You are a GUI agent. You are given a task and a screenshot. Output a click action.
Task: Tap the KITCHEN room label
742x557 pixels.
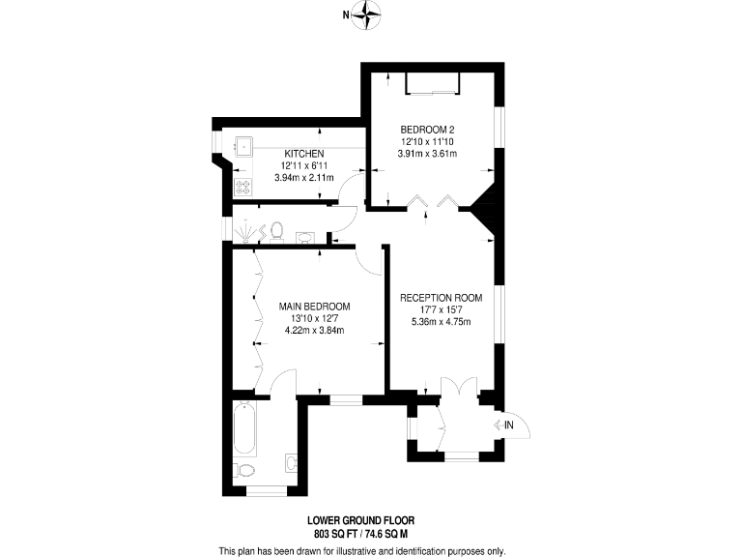(303, 154)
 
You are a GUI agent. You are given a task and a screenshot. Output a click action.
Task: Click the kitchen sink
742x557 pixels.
(243, 147)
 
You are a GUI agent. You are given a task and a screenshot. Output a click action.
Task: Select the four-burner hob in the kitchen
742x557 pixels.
(243, 188)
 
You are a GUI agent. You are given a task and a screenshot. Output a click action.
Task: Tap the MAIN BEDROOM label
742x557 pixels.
(314, 307)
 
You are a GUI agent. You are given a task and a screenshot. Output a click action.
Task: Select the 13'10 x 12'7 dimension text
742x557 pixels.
(314, 318)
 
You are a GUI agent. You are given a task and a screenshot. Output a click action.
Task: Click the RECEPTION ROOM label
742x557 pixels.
(441, 298)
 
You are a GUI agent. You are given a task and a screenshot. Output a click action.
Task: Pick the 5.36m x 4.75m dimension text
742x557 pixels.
(441, 322)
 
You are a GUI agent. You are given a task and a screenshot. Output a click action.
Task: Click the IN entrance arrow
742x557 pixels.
(507, 425)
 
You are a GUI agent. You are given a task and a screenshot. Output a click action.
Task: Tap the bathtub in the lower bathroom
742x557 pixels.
(243, 429)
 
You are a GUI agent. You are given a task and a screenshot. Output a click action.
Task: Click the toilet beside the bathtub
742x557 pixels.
(245, 471)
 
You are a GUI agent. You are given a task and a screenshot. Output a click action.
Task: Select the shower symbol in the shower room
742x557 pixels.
(246, 231)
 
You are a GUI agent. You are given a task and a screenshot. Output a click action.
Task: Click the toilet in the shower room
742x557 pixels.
(277, 230)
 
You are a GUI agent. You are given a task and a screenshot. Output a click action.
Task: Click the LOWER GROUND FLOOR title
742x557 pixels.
(361, 520)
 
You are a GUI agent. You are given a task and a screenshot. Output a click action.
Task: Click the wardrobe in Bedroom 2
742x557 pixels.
(430, 83)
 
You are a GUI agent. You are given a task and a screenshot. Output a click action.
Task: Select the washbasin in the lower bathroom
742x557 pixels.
(291, 462)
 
